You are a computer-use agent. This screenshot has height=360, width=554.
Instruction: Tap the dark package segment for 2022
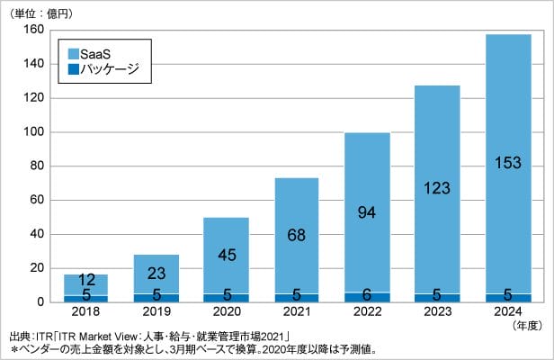[x=367, y=296]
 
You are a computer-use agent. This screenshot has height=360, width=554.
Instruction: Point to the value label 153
[x=508, y=163]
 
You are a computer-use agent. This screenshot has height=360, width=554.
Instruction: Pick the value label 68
[x=297, y=237]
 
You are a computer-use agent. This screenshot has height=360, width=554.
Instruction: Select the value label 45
[x=226, y=256]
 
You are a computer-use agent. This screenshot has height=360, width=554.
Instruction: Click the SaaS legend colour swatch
[x=72, y=52]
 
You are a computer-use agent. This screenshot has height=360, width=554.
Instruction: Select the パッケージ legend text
[x=110, y=68]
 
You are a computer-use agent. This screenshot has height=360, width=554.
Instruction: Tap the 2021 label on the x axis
[x=297, y=312]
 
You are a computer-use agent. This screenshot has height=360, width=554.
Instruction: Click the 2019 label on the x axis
[x=156, y=312]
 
